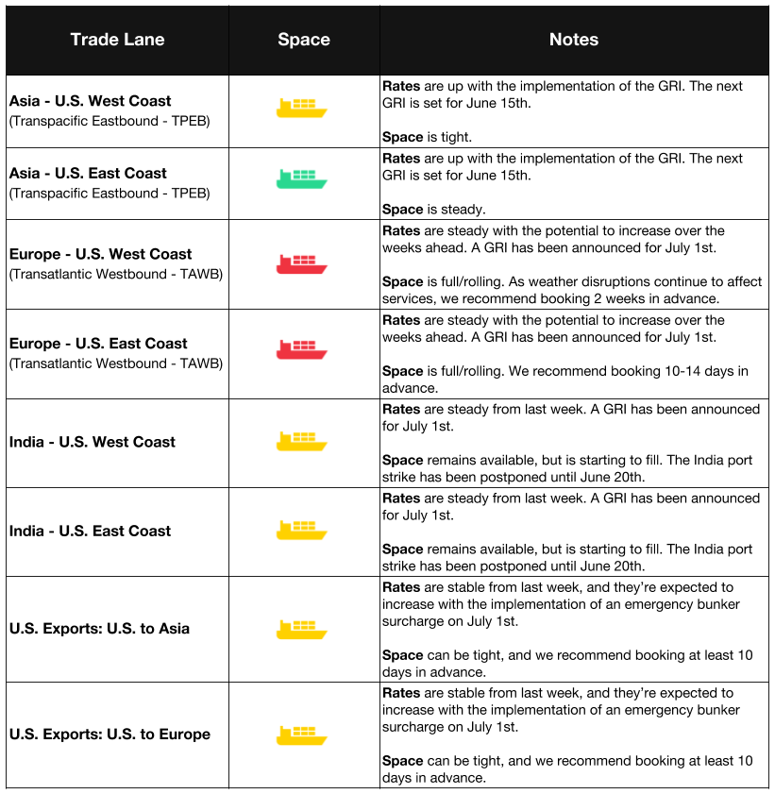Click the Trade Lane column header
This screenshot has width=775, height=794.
click(x=117, y=40)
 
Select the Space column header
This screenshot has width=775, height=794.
click(x=304, y=40)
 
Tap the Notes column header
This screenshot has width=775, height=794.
click(x=574, y=40)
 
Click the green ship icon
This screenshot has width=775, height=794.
click(x=302, y=179)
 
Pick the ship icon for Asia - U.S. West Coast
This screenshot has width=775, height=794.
click(x=302, y=108)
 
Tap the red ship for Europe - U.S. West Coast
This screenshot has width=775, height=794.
click(x=302, y=263)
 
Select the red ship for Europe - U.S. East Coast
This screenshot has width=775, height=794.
click(x=302, y=348)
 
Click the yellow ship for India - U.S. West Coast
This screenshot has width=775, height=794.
click(x=302, y=441)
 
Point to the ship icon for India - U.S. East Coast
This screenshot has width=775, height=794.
click(x=302, y=530)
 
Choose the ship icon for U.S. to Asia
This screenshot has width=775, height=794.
click(x=302, y=629)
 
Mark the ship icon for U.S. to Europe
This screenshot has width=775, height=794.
click(x=302, y=735)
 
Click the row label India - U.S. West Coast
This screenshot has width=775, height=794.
click(x=93, y=442)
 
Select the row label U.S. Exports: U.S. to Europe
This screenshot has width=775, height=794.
click(x=110, y=735)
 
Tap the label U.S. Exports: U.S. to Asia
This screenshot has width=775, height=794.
click(x=99, y=629)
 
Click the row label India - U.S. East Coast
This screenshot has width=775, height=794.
click(x=91, y=531)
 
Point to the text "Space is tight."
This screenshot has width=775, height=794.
click(x=427, y=137)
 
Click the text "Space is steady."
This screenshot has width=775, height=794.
click(x=433, y=209)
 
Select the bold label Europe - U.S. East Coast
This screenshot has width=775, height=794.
click(x=98, y=344)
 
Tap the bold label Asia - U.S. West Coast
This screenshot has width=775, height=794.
click(x=91, y=101)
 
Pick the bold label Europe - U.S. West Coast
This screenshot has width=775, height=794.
click(x=100, y=254)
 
